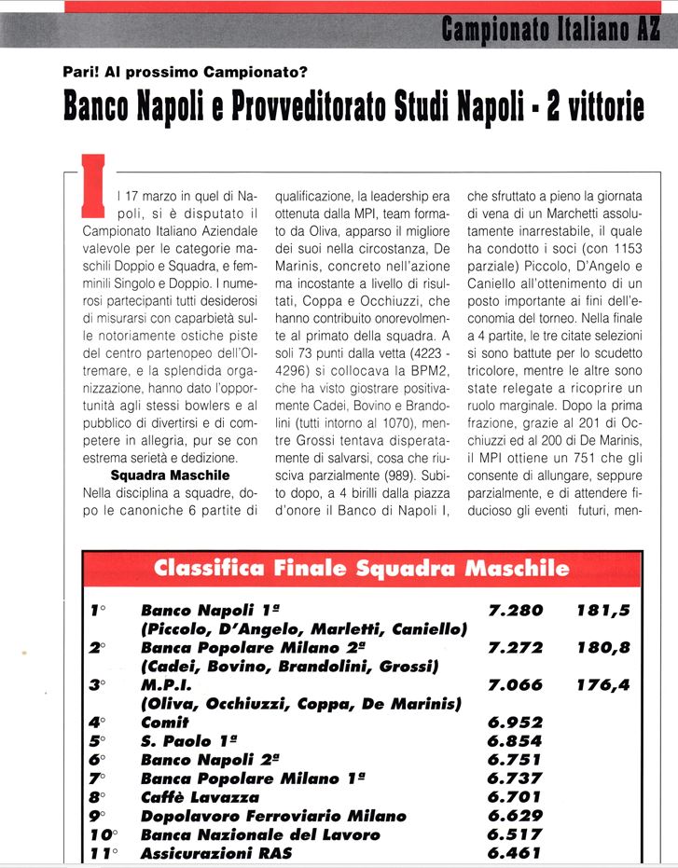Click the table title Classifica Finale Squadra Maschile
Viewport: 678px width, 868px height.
click(361, 567)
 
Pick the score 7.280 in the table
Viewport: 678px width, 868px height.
click(515, 611)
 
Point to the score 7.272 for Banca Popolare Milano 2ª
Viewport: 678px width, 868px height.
click(515, 648)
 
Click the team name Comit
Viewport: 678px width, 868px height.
click(164, 723)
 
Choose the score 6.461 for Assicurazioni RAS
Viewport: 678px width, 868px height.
click(515, 853)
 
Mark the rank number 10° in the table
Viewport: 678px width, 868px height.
click(103, 834)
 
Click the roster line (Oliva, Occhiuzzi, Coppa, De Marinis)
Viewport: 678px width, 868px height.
click(300, 704)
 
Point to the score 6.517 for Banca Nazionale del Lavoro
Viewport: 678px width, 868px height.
click(515, 834)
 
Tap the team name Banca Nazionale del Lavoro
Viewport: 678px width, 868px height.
click(260, 834)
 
